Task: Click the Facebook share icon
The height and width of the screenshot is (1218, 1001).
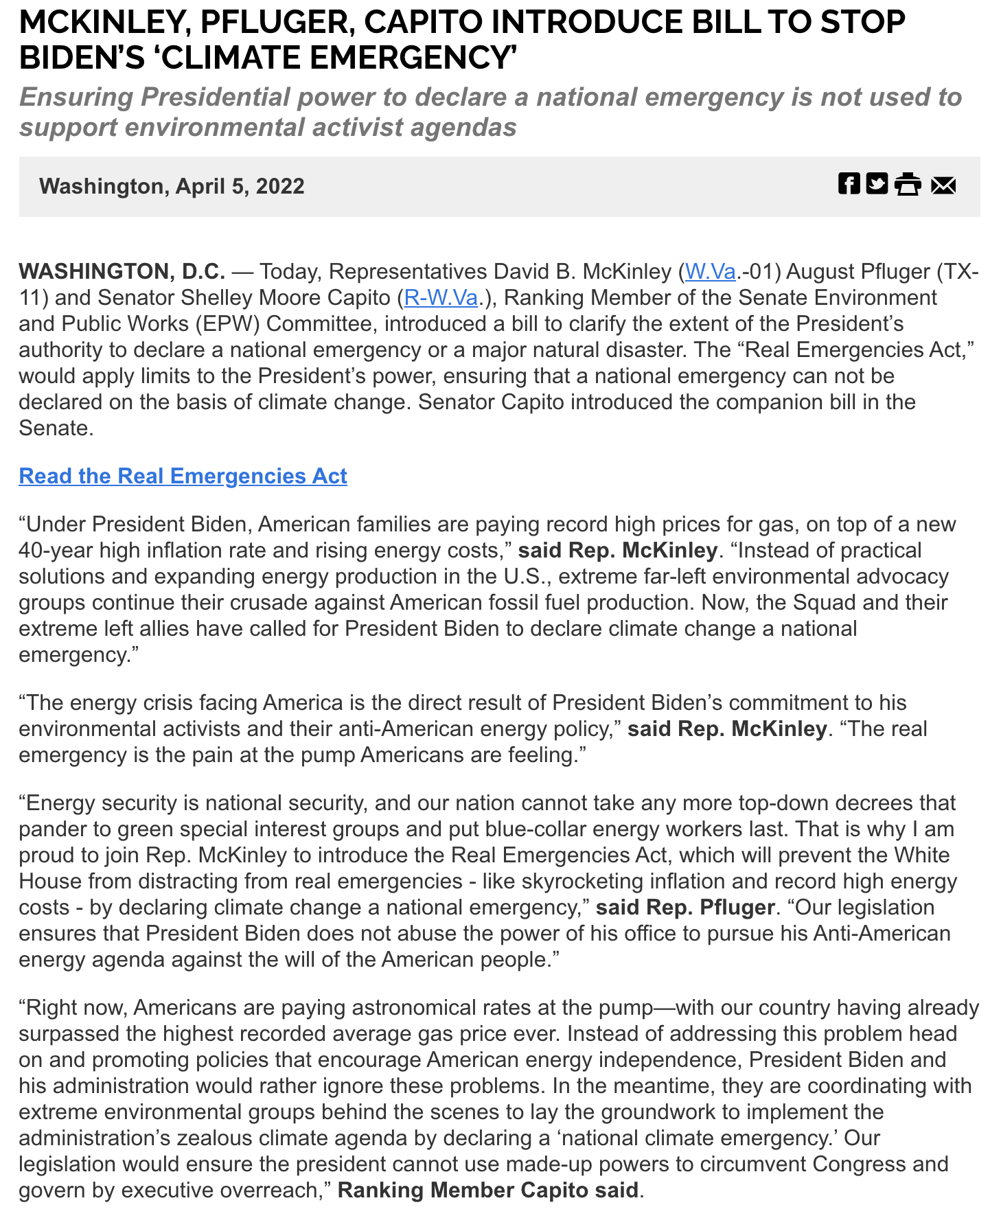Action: click(849, 184)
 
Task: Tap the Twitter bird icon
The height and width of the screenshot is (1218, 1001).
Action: click(877, 184)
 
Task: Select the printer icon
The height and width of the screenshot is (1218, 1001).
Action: click(908, 185)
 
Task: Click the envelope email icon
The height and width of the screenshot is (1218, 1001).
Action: click(943, 185)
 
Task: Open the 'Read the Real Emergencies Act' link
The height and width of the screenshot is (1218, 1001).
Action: click(183, 476)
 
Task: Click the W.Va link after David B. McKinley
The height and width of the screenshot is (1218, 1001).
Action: click(711, 272)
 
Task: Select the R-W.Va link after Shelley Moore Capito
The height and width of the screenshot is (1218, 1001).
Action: click(441, 298)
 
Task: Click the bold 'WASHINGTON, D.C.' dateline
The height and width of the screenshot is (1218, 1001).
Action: click(122, 272)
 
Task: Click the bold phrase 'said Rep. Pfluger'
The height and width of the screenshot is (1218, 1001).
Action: click(685, 908)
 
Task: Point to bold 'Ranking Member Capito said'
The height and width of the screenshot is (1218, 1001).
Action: click(488, 1190)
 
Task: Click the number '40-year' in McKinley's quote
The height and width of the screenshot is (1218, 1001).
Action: click(56, 551)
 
